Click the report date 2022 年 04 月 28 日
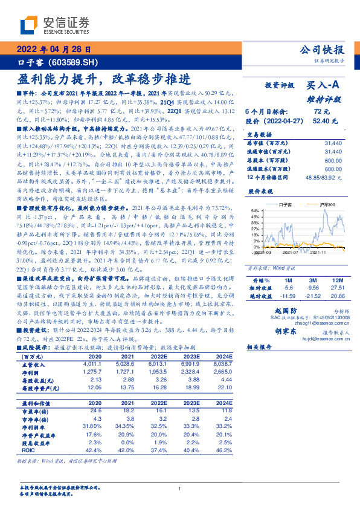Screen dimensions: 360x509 (x=54, y=50)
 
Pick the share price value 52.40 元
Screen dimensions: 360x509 (x=320, y=121)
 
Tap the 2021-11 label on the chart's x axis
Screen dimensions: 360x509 (x=318, y=253)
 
